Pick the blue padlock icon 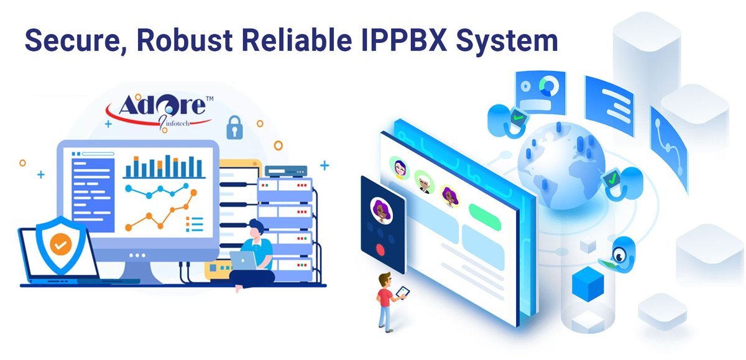coord(234,129)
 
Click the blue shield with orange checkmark coord(60,245)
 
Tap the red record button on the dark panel coord(380,251)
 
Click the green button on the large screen coord(485,215)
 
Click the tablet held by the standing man coord(402,292)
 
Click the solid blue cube coord(587,284)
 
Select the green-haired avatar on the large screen coord(398,166)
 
